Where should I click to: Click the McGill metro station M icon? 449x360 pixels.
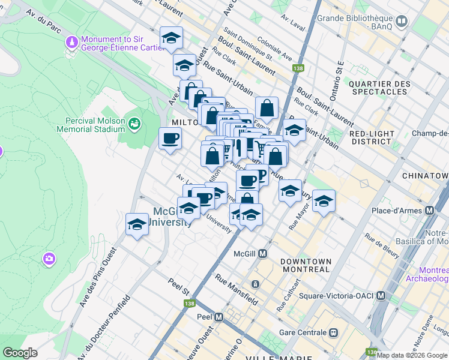(263, 253)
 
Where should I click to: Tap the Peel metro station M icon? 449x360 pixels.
(219, 317)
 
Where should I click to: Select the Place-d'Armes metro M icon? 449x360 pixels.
(429, 211)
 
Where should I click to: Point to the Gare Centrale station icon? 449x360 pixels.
(334, 332)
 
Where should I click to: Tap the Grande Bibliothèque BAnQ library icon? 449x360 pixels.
(402, 22)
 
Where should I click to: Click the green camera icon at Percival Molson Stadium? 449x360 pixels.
(134, 124)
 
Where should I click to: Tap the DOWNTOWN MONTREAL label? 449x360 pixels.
(305, 265)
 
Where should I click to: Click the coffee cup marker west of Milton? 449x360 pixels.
(169, 139)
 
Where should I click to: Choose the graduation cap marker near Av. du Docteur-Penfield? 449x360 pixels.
(137, 224)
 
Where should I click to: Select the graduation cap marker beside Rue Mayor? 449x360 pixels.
(324, 202)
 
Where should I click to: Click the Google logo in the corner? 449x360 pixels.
(20, 353)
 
